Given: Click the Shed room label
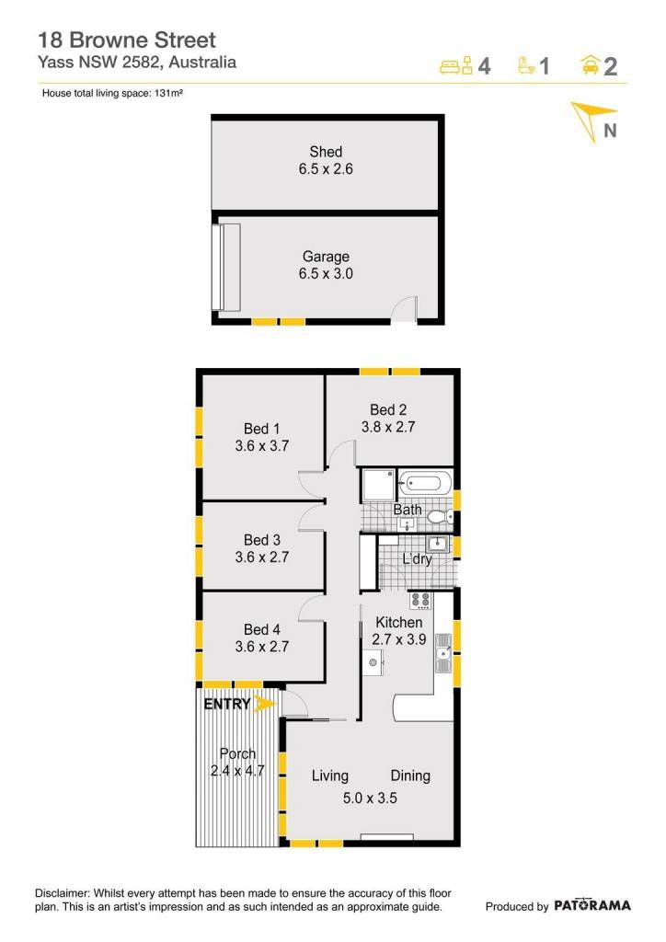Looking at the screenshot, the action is coord(326,152).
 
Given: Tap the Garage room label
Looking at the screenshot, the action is coord(326,257).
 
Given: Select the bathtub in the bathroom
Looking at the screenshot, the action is coord(425,483).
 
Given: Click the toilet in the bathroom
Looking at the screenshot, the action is coord(444,515).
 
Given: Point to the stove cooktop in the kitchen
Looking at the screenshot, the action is coord(420,600).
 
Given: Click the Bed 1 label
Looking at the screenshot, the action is coord(262,429).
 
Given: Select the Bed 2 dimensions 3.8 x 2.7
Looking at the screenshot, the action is coord(388,427).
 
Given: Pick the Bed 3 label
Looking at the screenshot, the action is coord(262,539).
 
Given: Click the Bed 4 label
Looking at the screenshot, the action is coord(262,629).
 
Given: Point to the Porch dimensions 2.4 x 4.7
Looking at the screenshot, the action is coord(237,770).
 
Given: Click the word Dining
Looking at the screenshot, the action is coord(410,775).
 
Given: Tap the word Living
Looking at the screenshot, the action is coord(329,775).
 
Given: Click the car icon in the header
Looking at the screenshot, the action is coord(591,64).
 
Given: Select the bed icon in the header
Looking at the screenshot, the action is coord(456,65).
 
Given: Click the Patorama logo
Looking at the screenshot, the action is coord(592,905).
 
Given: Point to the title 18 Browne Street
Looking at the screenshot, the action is coord(127,40).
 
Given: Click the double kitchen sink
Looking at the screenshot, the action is coord(443,653).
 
